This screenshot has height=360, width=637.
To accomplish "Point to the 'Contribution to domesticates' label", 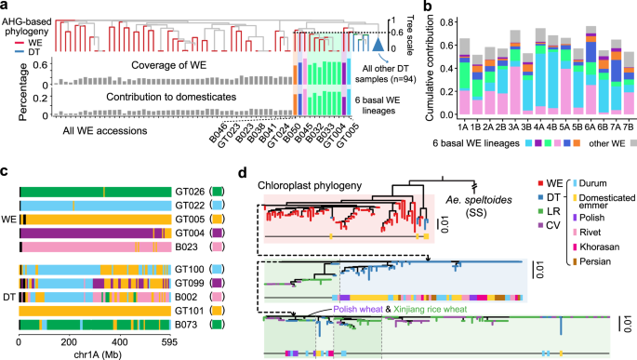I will click(163, 96).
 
